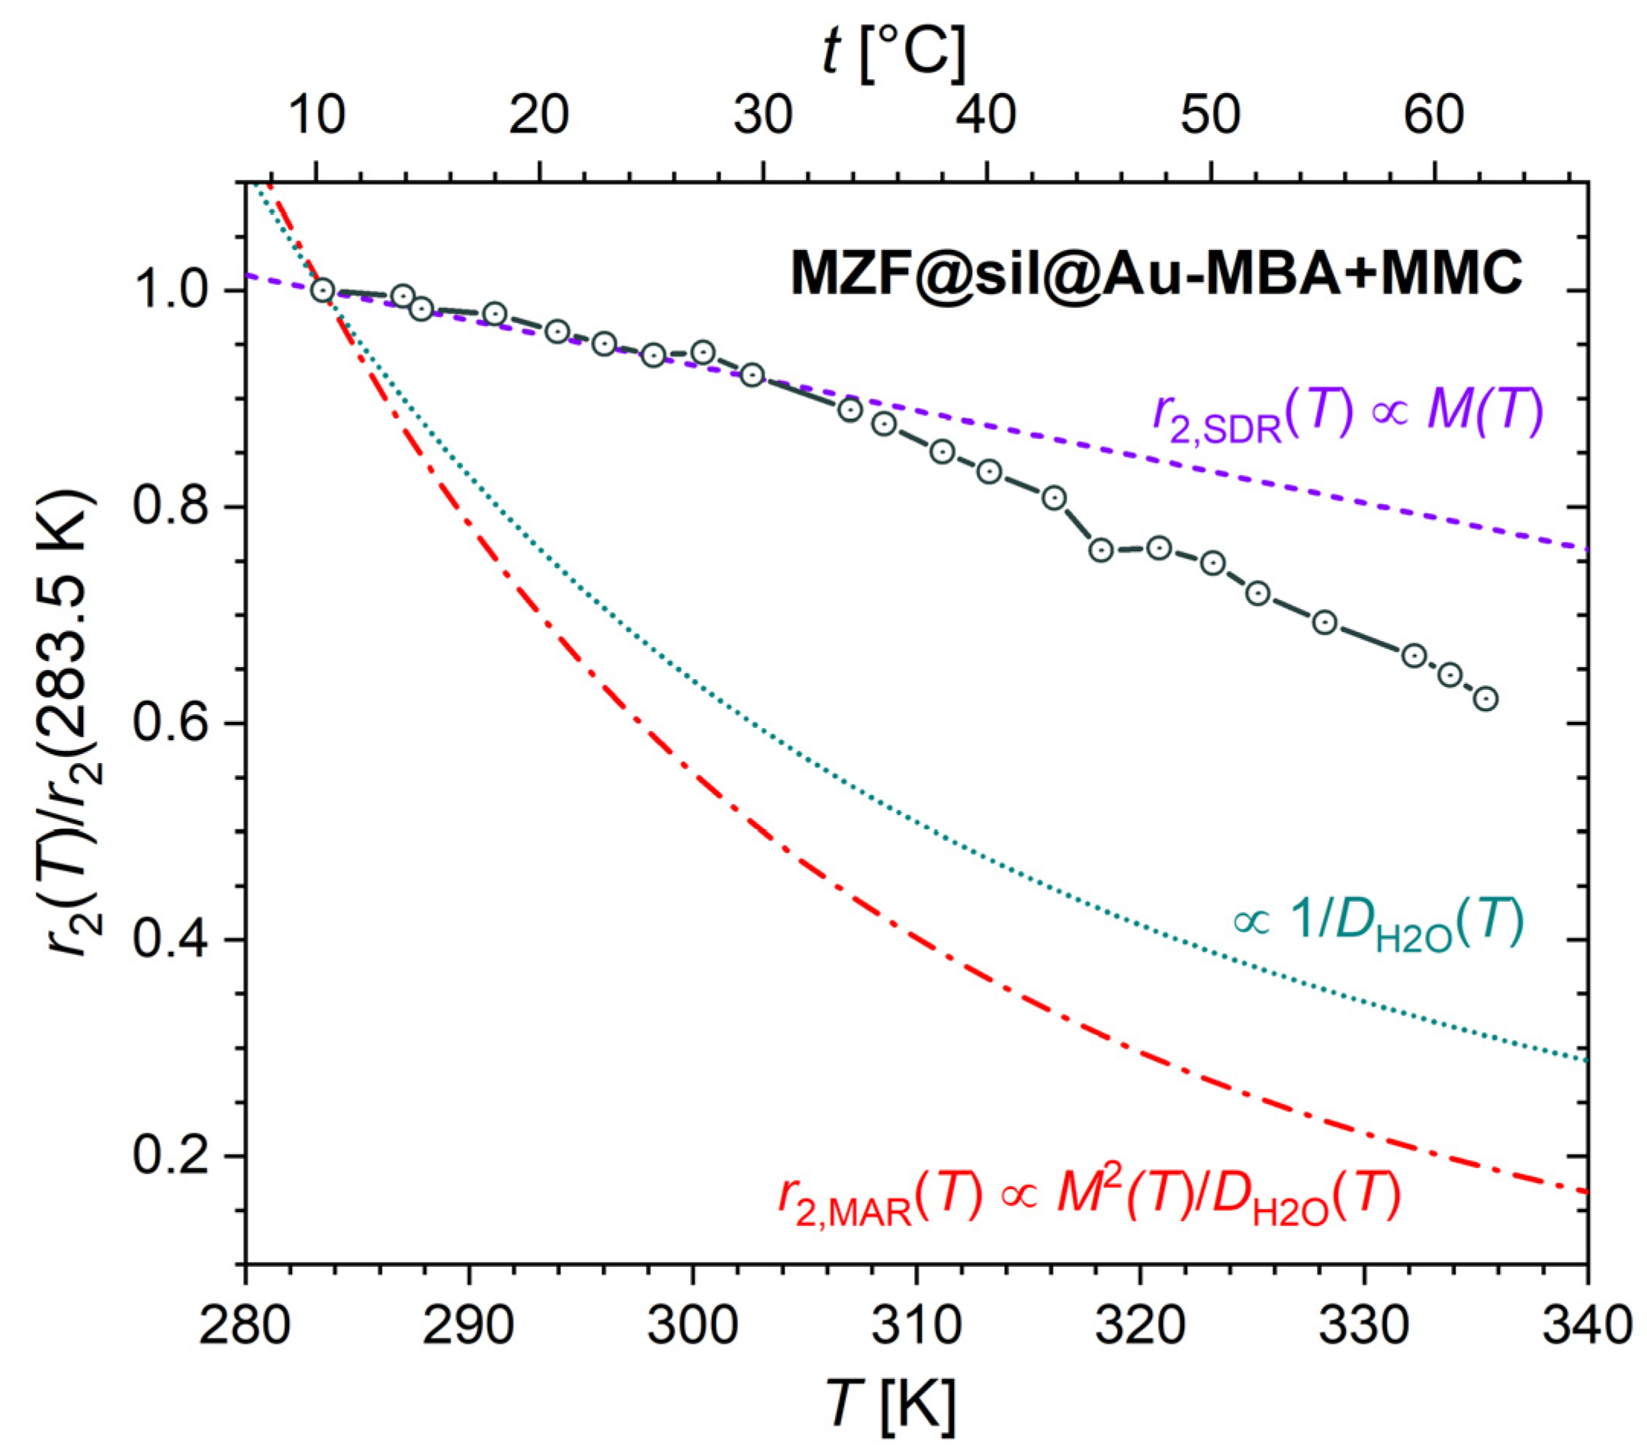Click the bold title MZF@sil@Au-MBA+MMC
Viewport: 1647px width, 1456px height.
point(1155,274)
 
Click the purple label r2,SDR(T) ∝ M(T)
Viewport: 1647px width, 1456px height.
point(1347,415)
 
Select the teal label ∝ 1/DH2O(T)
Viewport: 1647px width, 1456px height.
point(1379,923)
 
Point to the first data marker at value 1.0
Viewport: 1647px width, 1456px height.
point(323,290)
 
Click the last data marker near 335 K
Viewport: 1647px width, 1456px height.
point(1486,698)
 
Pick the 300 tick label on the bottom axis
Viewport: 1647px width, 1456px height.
point(692,1326)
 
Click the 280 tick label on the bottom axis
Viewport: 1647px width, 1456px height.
point(244,1326)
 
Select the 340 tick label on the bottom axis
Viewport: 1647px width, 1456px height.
point(1586,1326)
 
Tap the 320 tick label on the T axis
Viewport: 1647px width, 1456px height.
point(1139,1326)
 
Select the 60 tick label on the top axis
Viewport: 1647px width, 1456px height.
point(1433,114)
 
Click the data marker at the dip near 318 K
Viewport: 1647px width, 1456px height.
point(1101,550)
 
